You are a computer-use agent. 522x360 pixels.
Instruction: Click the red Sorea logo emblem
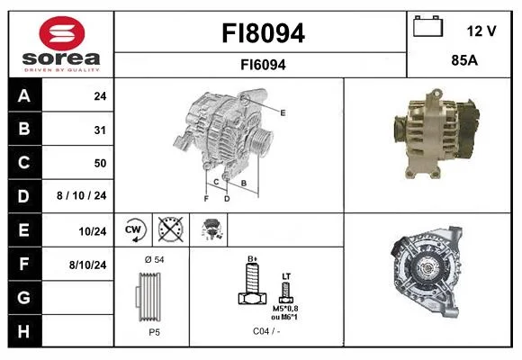tap(62, 33)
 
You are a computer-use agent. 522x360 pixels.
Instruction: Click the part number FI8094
tap(263, 33)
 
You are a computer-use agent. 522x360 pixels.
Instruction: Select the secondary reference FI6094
tap(263, 65)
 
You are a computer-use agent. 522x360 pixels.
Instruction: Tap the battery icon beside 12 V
tap(428, 27)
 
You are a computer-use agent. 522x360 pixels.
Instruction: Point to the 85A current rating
tap(464, 60)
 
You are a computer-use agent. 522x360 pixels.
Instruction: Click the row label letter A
tap(24, 96)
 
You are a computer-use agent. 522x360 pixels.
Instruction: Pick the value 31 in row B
tap(100, 130)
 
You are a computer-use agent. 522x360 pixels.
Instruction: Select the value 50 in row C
tap(100, 163)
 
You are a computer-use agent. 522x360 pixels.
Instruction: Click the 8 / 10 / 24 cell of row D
tap(82, 195)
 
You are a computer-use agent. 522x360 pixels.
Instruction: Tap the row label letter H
tap(23, 331)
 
